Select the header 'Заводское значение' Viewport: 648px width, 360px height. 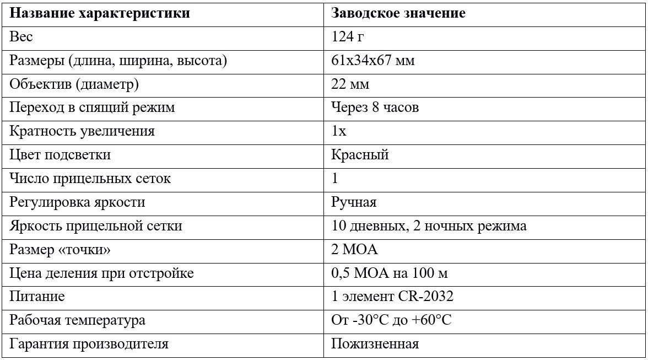pos(398,13)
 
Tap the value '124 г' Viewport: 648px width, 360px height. pos(348,37)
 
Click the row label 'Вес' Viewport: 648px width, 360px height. pos(21,37)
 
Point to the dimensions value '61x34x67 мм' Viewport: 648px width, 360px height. pos(372,61)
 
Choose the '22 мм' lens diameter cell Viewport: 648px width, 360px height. pos(350,84)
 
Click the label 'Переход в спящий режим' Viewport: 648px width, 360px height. pos(92,108)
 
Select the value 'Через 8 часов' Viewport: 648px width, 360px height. pos(375,108)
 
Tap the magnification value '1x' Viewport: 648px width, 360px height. pos(339,131)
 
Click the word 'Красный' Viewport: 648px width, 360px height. pos(360,155)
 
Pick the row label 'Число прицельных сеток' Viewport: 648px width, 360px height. pos(90,179)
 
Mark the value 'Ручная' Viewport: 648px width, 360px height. pos(354,202)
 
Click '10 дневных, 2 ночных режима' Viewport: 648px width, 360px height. pos(429,226)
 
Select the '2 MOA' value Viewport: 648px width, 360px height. pos(354,250)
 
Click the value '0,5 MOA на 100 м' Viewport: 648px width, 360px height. pos(393,273)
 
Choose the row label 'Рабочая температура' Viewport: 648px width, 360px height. pos(78,320)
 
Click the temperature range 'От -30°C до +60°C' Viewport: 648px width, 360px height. pos(391,320)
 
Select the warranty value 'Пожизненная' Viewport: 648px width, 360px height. pos(375,345)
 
